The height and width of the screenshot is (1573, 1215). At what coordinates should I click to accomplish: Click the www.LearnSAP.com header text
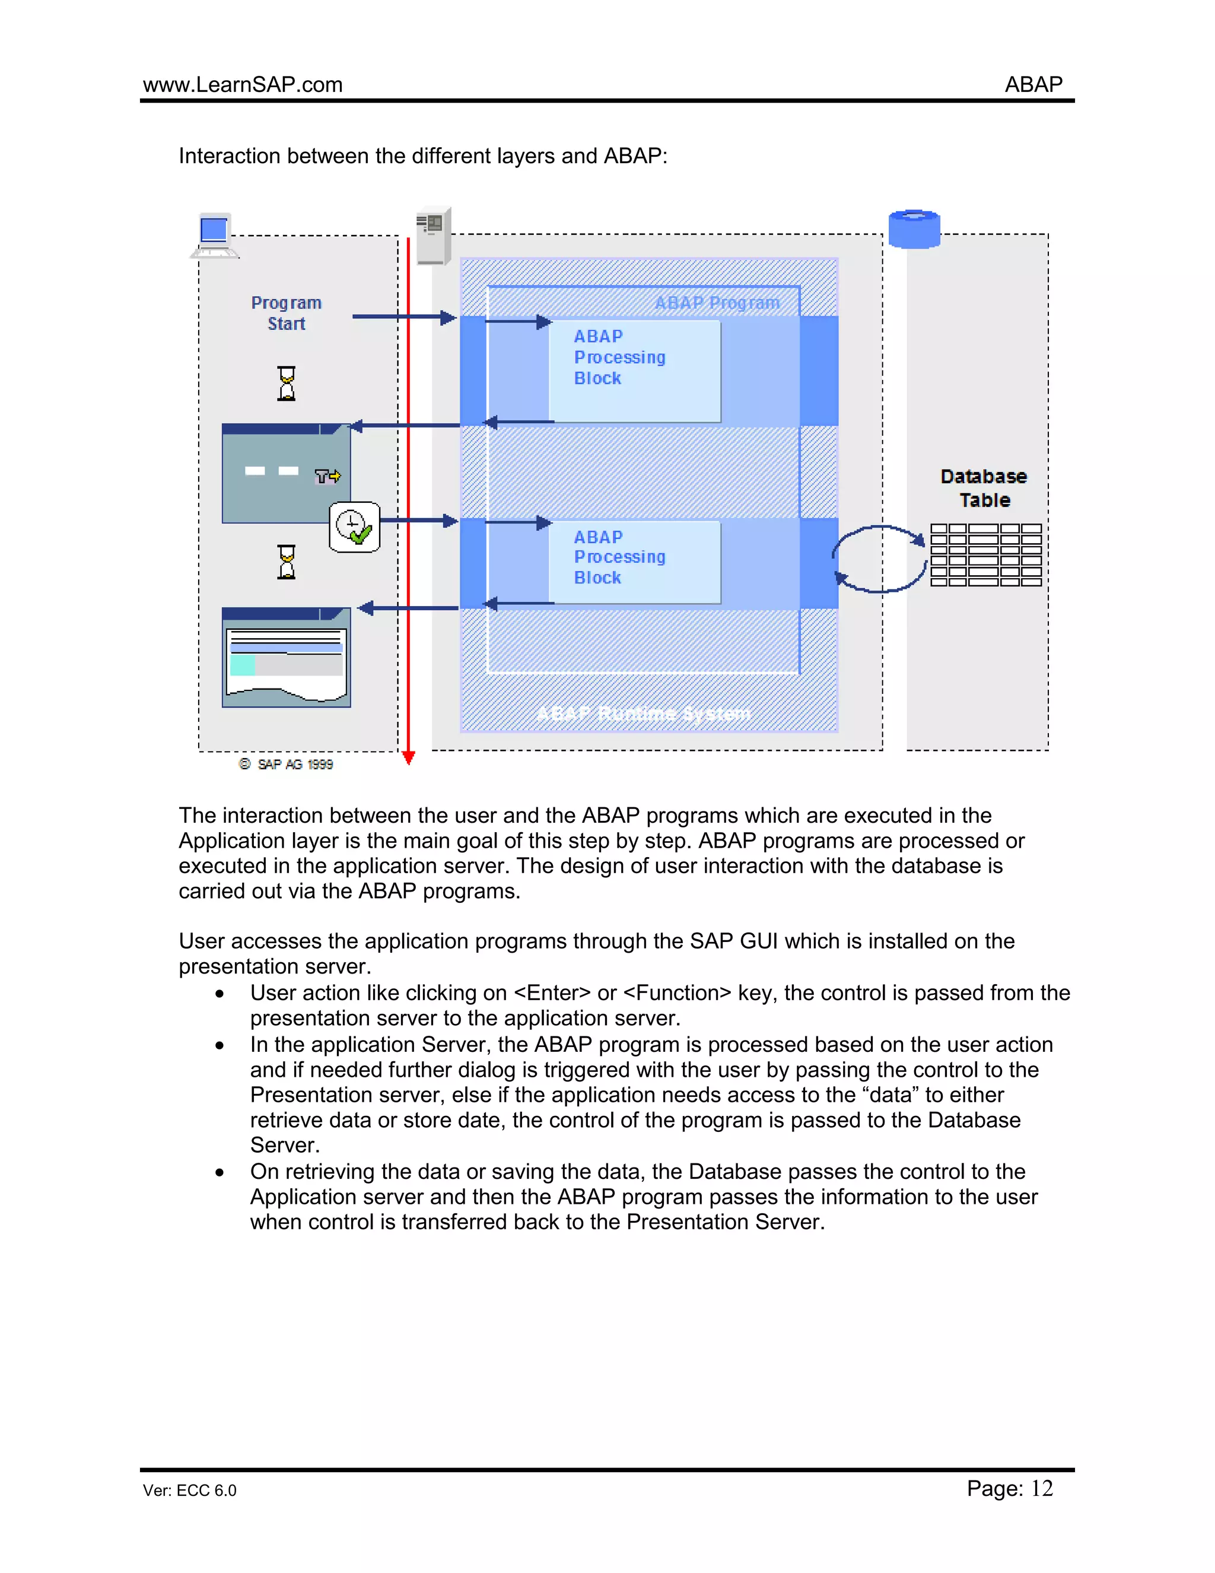(x=243, y=85)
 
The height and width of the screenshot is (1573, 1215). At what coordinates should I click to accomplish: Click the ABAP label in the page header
(x=1033, y=85)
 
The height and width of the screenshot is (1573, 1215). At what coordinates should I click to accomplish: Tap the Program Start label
(x=287, y=313)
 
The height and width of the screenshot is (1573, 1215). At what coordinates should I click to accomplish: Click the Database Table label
(x=984, y=489)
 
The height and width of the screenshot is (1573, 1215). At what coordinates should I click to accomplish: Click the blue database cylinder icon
(x=914, y=229)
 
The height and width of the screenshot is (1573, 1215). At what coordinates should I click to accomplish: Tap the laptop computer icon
(x=215, y=236)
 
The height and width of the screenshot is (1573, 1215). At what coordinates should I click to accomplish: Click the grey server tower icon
(x=433, y=236)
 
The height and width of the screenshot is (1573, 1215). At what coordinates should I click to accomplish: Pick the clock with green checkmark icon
(x=354, y=527)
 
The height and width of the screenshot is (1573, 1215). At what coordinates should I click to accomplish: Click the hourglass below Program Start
(x=287, y=383)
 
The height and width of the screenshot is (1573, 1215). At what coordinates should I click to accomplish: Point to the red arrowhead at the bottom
(x=409, y=757)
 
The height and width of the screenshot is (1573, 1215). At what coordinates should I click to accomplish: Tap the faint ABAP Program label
(x=717, y=303)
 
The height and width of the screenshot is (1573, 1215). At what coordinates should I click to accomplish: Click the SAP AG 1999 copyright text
(x=287, y=764)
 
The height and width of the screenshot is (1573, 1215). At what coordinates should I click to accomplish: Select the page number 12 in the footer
(x=1042, y=1489)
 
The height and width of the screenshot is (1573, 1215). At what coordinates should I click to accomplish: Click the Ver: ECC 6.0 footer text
(x=189, y=1490)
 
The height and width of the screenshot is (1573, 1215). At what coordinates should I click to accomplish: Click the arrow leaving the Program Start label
(x=403, y=317)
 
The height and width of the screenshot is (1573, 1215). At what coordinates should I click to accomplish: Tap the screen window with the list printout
(x=287, y=658)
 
